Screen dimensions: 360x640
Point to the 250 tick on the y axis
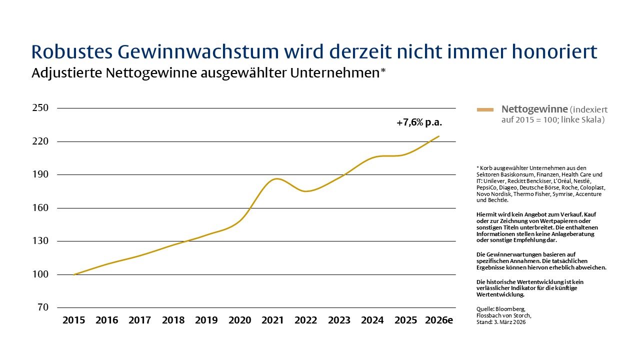[40, 108]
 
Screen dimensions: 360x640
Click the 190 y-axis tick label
[40, 174]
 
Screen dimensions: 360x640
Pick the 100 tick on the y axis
[40, 274]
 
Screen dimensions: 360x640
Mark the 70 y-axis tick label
[42, 307]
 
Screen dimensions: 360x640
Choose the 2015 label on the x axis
[73, 320]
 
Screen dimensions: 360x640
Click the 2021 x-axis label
[272, 320]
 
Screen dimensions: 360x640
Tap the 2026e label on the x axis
[438, 320]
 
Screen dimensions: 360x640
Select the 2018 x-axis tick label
[173, 320]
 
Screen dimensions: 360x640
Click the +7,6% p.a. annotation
[419, 122]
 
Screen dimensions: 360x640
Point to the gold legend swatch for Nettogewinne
[485, 109]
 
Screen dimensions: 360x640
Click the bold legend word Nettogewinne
[534, 109]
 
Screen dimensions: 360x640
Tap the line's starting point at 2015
[74, 274]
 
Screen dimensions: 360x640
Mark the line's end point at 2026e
[439, 136]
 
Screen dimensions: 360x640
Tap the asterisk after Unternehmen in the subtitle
[383, 70]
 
